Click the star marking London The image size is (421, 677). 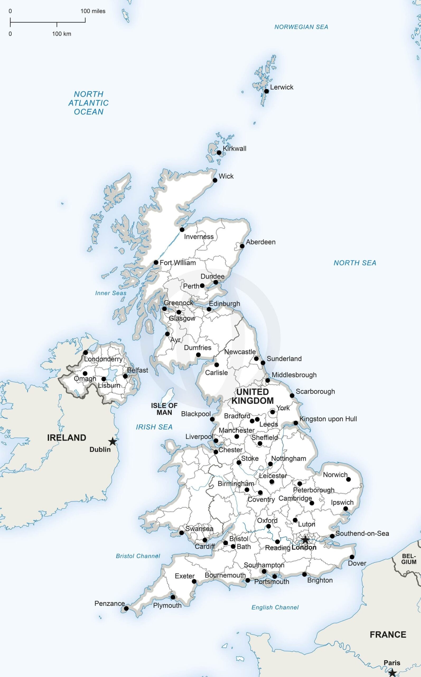305,539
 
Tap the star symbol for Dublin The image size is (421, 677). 112,441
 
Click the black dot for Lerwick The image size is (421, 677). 266,91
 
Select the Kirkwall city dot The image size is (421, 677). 219,153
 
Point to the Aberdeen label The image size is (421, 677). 261,242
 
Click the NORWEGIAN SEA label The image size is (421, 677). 301,27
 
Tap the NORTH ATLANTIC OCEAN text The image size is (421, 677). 88,103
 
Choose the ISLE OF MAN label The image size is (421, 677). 164,409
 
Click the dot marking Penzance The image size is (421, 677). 126,609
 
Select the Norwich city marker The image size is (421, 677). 348,479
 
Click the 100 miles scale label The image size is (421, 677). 93,11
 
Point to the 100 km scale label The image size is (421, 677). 62,34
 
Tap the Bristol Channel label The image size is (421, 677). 138,556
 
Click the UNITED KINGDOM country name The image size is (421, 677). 252,396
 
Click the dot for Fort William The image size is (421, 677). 156,262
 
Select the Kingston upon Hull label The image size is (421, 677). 328,419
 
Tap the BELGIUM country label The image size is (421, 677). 409,559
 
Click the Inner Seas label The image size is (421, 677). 111,293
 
